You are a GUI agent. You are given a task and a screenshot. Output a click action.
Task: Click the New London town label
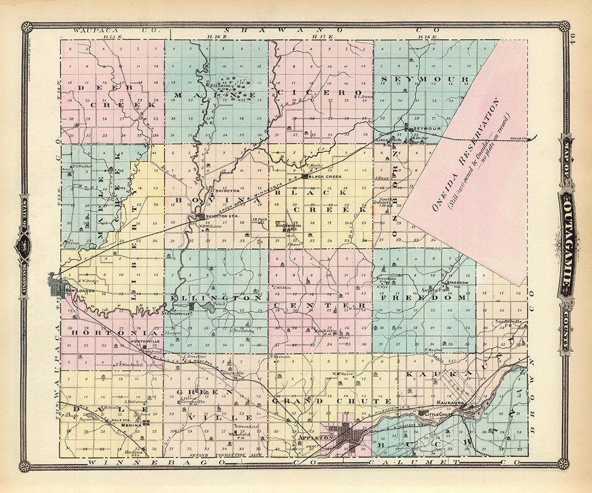pos(77,290)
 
